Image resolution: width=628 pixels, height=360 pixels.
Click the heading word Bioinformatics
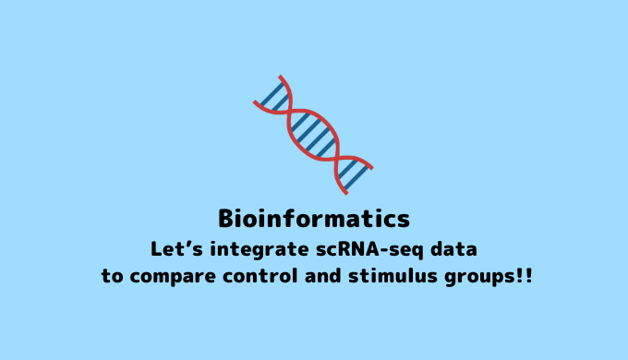click(314, 219)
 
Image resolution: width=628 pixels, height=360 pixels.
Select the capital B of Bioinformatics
click(227, 219)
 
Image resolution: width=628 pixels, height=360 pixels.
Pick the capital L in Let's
click(156, 249)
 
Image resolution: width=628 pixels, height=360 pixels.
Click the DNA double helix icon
click(314, 135)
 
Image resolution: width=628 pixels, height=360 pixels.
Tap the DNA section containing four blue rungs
click(314, 135)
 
